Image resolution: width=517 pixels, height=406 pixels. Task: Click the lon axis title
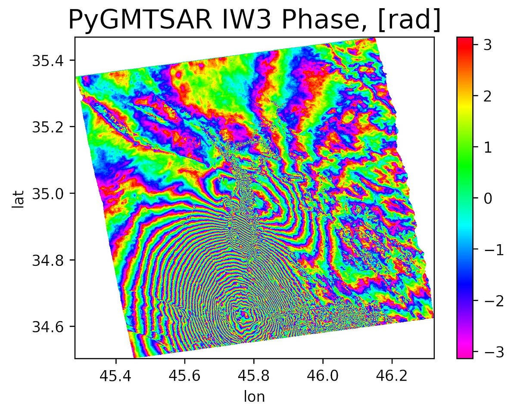[254, 390]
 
